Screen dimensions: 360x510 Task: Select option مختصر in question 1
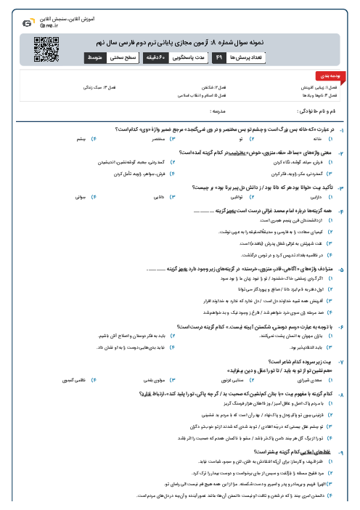pyautogui.click(x=155, y=137)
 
